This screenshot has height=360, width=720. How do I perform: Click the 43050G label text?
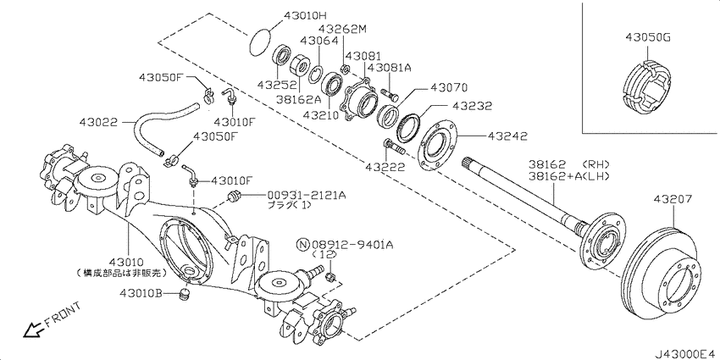click(647, 37)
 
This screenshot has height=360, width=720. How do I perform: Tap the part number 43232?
click(472, 107)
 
